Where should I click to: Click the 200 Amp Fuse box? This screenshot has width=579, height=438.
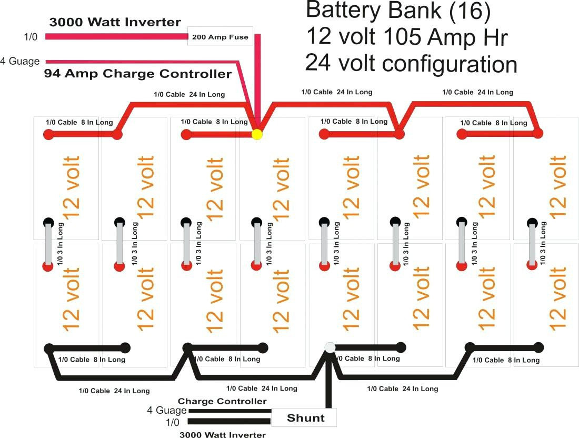tap(220, 37)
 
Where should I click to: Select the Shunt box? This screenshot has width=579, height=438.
tap(304, 418)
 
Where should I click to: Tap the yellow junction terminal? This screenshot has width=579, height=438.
tap(257, 134)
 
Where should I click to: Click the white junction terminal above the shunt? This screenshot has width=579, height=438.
tap(330, 347)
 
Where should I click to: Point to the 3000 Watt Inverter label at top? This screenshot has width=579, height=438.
tap(115, 23)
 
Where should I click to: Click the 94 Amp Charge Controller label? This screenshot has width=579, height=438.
tap(138, 74)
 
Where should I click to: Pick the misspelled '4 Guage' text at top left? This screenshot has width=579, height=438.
tap(20, 61)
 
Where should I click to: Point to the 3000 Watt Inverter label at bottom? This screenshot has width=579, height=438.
tap(222, 435)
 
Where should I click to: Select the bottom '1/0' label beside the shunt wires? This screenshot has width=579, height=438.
tap(172, 422)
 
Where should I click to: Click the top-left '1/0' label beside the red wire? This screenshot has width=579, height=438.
tap(31, 36)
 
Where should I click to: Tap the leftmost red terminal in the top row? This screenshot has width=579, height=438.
tap(48, 134)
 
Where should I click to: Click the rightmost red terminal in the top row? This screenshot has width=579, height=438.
tap(537, 133)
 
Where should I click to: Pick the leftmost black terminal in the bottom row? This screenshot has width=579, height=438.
tap(49, 348)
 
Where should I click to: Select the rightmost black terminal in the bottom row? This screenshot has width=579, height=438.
tap(538, 347)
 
